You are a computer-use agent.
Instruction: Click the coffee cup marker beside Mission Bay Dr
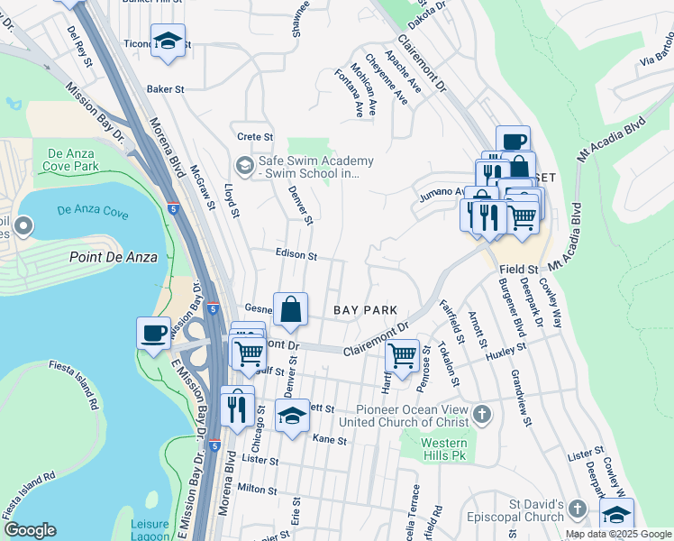coord(153,332)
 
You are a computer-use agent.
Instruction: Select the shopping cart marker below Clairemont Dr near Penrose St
coord(402,353)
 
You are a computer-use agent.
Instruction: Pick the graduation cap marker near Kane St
coord(292,416)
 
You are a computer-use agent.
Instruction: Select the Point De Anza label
coord(114,257)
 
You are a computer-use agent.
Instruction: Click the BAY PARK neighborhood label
coord(365,310)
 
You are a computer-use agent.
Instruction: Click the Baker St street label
coord(165,90)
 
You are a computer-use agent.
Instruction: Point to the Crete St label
coord(255,137)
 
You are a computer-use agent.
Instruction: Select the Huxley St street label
coord(505,353)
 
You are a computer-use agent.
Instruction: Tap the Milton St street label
coord(257,489)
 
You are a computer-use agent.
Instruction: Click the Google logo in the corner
coord(30,530)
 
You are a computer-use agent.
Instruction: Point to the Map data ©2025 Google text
coord(617,534)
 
